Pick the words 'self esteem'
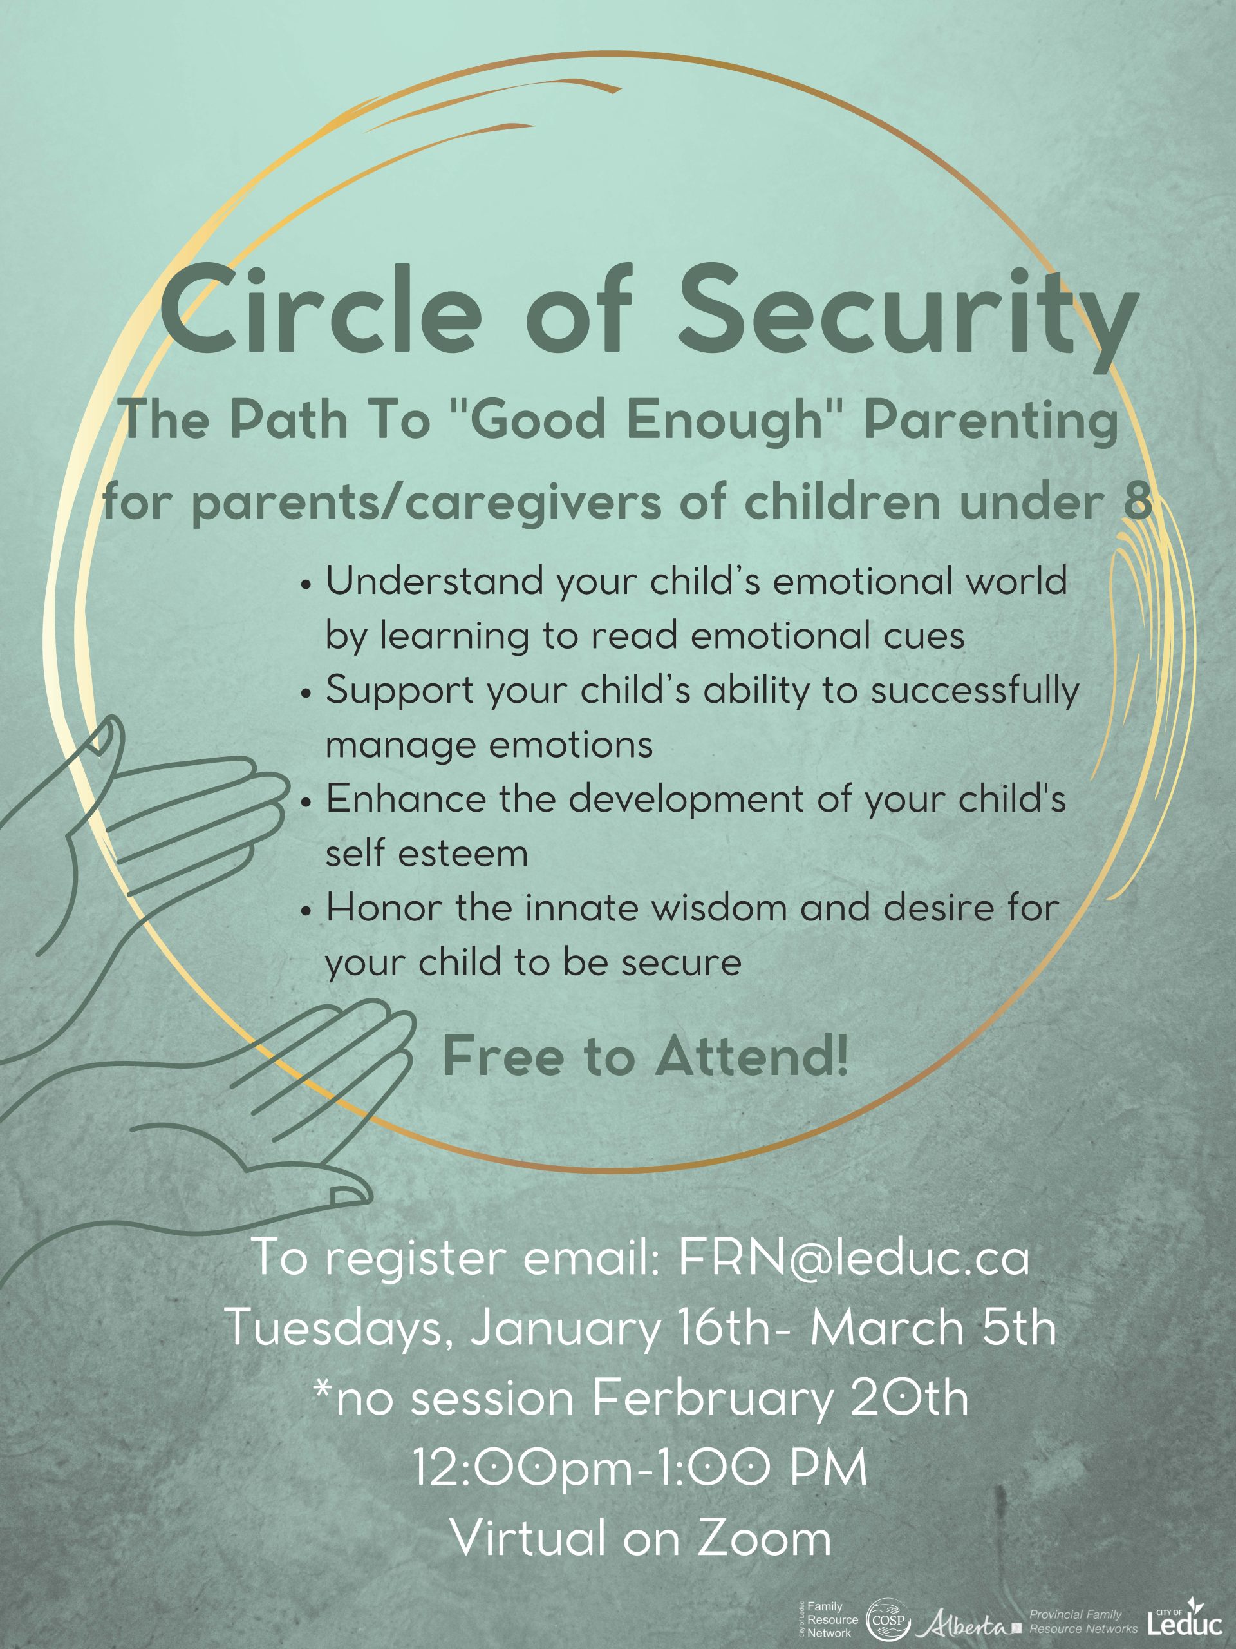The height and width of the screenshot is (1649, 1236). (427, 853)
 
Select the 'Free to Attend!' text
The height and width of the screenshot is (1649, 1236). (645, 1056)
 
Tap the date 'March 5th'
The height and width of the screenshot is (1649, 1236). (933, 1328)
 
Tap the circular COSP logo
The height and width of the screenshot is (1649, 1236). (888, 1620)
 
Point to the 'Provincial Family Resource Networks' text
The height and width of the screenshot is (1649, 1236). (1083, 1621)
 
